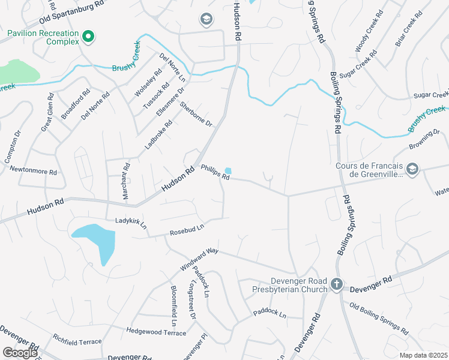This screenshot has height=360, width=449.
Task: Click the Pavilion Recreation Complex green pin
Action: point(88,37)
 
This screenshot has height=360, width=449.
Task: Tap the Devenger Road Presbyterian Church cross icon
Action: point(337,283)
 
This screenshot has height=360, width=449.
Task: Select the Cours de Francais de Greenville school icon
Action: point(412,170)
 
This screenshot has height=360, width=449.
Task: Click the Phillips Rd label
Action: point(215,173)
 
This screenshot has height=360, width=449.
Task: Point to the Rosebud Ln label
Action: point(187,229)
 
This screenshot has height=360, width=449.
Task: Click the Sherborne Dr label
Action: point(196,113)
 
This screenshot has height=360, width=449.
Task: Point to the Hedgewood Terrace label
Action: point(156,331)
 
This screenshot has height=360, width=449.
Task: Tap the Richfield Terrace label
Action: point(77,341)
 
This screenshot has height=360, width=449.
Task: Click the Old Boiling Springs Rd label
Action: point(379,318)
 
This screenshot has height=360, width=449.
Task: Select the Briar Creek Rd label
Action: point(405,32)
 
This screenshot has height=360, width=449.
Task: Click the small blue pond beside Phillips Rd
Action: point(228,171)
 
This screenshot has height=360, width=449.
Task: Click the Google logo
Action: point(20,353)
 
